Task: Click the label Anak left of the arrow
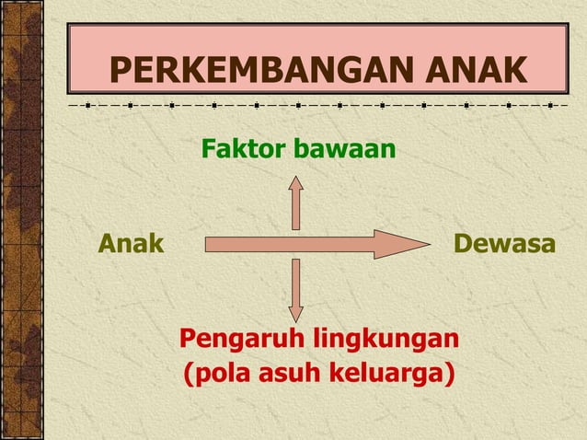pyautogui.click(x=131, y=245)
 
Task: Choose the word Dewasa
pyautogui.click(x=504, y=245)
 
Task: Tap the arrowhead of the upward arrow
pyautogui.click(x=296, y=179)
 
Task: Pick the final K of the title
pyautogui.click(x=516, y=70)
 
